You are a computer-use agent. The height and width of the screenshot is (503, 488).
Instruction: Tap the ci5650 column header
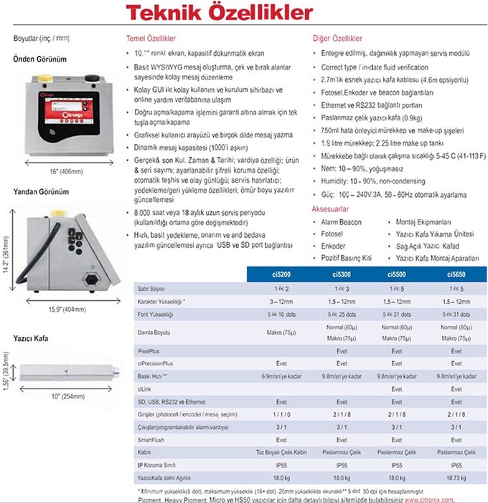(456, 274)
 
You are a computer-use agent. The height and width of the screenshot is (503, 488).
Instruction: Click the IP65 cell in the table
(456, 465)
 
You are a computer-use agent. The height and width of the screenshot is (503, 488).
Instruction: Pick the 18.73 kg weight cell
(456, 477)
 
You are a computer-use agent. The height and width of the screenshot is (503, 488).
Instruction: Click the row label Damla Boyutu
(156, 332)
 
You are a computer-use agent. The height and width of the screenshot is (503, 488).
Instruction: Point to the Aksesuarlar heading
(330, 209)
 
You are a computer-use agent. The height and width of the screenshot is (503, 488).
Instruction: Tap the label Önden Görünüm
(40, 59)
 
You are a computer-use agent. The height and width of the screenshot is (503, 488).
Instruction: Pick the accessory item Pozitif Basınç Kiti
(347, 256)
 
